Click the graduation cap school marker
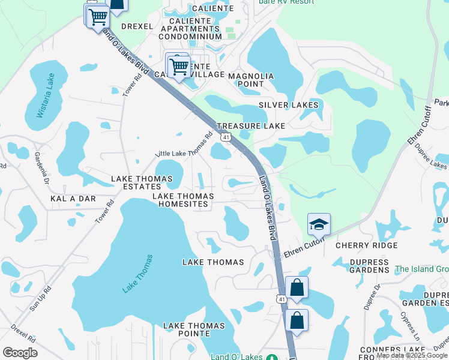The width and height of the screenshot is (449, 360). tap(319, 225)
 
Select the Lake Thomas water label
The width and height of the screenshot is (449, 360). tap(137, 274)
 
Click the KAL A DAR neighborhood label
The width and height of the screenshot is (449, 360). tap(73, 198)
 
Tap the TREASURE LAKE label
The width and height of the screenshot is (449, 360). tap(251, 126)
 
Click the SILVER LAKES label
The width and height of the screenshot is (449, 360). tap(288, 105)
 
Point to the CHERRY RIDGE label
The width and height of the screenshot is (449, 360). tap(366, 245)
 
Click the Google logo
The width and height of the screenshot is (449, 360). tap(20, 352)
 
